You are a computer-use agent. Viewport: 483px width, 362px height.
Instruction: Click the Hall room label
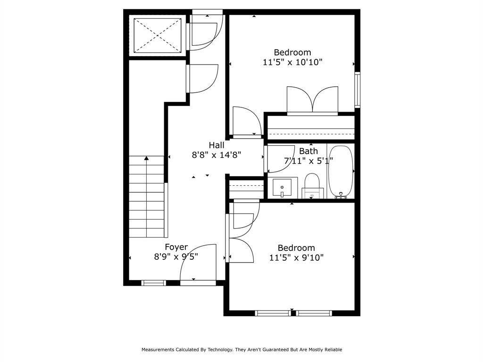point(217,145)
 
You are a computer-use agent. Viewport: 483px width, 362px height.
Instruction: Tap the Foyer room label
point(176,247)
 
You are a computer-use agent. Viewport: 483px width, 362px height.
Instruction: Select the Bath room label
point(308,151)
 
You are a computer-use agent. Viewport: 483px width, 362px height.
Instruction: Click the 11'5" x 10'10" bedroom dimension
point(292,62)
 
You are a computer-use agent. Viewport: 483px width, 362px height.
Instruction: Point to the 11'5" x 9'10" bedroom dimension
point(296,258)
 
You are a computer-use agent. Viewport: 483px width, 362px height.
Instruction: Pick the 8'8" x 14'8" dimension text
point(217,155)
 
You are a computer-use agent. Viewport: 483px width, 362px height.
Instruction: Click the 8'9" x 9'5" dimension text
point(176,257)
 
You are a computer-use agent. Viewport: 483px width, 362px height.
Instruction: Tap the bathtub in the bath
point(340,171)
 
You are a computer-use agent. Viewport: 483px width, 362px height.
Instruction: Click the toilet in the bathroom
point(312,185)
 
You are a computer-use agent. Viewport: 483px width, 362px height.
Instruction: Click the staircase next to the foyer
point(147,198)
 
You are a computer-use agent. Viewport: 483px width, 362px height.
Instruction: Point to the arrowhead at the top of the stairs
point(147,158)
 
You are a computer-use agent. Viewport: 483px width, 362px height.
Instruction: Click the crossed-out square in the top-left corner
point(158,35)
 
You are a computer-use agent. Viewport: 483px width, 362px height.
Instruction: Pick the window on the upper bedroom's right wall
point(357,90)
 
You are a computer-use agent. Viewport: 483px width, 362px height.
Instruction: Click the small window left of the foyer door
point(154,283)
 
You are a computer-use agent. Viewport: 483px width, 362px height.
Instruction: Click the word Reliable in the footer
point(332,350)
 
